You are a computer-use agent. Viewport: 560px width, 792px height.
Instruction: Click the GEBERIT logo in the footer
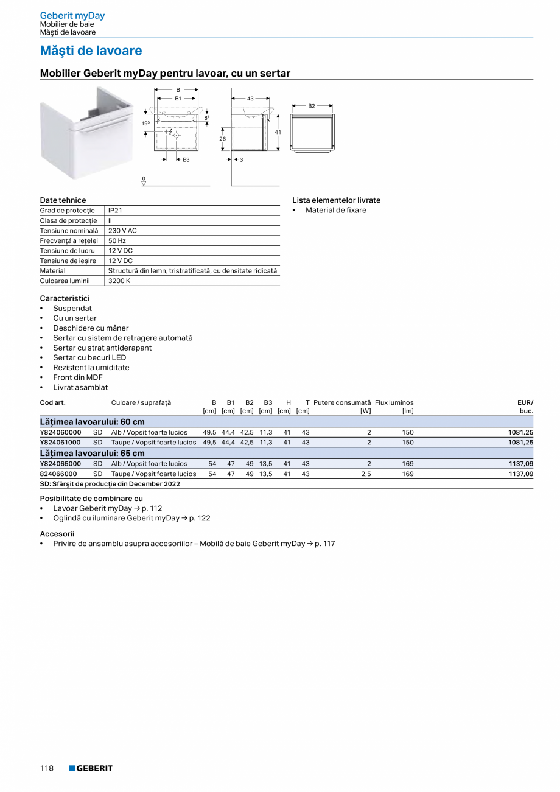(91, 768)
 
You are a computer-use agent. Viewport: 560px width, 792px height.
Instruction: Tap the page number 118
(47, 768)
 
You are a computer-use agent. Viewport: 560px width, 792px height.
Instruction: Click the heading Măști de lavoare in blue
(91, 51)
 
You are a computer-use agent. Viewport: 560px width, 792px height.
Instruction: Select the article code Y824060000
(60, 432)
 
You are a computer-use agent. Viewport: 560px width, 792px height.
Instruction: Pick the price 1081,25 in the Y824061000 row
(520, 443)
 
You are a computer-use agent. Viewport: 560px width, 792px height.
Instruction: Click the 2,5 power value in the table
(366, 474)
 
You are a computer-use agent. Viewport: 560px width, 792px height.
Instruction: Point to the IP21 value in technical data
(115, 211)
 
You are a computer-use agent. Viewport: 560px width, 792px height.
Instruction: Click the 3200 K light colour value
(119, 281)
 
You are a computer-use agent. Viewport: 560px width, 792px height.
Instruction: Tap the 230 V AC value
(122, 231)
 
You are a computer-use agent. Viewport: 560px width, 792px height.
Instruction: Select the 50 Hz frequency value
(117, 240)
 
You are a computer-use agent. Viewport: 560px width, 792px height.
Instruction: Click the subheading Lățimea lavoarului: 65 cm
(93, 453)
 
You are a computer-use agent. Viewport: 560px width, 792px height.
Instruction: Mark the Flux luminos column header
(394, 402)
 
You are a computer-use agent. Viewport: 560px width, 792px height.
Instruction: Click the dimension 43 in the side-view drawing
(250, 97)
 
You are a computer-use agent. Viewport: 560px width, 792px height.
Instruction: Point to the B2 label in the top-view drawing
(312, 106)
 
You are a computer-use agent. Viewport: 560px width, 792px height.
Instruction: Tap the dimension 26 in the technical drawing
(223, 139)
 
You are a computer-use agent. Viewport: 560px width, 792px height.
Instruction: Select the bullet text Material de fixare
(336, 211)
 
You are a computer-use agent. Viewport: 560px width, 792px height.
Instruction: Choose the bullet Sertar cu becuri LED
(89, 357)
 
